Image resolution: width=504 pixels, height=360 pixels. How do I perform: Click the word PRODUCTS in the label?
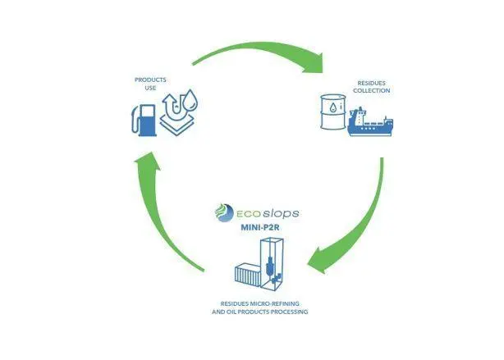pos(150,80)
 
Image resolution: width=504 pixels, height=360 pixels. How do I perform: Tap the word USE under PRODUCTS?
pos(150,88)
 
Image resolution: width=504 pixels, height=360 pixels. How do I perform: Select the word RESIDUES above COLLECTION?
pos(371,83)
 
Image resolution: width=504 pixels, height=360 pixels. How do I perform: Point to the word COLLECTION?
pos(371,90)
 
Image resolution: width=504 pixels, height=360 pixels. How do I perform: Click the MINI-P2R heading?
pos(260,227)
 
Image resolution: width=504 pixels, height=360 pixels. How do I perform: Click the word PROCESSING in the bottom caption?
pos(289,312)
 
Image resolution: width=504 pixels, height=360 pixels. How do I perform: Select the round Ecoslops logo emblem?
pos(224,212)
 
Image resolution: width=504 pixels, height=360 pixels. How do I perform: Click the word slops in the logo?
pos(281,213)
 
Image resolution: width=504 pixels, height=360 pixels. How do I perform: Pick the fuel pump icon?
pos(144,121)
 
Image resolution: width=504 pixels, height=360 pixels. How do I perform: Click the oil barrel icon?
pos(333,112)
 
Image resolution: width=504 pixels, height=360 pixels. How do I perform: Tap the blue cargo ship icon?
pos(370,122)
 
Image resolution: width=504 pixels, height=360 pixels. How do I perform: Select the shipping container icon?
pos(248,275)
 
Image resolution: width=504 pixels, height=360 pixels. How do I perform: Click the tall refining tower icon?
pos(272,264)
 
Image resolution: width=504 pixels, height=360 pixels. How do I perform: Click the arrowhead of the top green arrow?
pos(313,63)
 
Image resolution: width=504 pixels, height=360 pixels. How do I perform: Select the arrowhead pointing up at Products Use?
pos(147,162)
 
